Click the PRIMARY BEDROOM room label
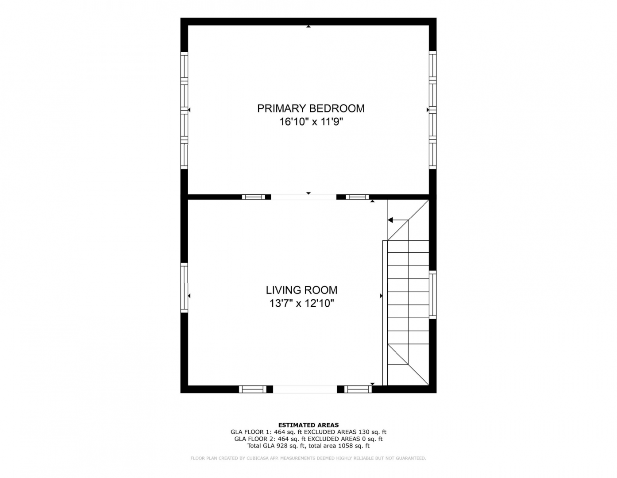(311, 108)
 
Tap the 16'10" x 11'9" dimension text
(311, 122)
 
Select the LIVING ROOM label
(301, 290)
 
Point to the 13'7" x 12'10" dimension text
(301, 304)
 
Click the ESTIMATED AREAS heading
(308, 425)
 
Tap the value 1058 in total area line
(345, 446)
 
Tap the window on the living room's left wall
(184, 288)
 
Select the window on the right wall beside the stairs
(433, 295)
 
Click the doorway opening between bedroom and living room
(304, 197)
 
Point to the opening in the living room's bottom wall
(305, 389)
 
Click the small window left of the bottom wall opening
(253, 389)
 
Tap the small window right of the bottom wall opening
(358, 389)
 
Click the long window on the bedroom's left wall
(184, 110)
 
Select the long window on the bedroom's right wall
(433, 110)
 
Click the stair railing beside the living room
(385, 313)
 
